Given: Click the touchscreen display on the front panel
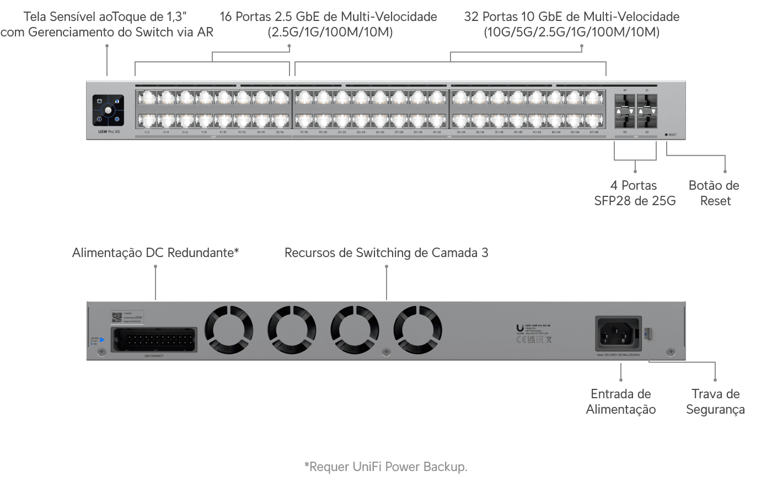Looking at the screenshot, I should (x=108, y=110).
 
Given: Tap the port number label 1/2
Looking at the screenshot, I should (x=147, y=132).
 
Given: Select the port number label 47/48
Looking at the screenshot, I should (x=593, y=132).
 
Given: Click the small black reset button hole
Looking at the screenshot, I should (x=666, y=135).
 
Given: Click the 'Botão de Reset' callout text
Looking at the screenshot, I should (x=714, y=193).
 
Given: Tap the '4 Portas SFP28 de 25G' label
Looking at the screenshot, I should (x=635, y=193).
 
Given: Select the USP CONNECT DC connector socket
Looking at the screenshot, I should (x=154, y=339).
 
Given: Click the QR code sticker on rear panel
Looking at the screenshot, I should (x=116, y=317).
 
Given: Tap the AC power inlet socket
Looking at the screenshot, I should (x=618, y=334).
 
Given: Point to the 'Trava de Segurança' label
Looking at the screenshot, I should (x=715, y=402).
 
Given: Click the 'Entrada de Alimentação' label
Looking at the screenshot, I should (x=620, y=402).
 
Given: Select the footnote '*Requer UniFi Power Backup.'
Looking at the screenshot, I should (x=385, y=467).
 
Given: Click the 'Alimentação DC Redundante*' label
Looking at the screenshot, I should (x=156, y=253).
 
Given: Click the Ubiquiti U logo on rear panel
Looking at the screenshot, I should (x=519, y=328).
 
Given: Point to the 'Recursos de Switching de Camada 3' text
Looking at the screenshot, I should (x=386, y=253).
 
